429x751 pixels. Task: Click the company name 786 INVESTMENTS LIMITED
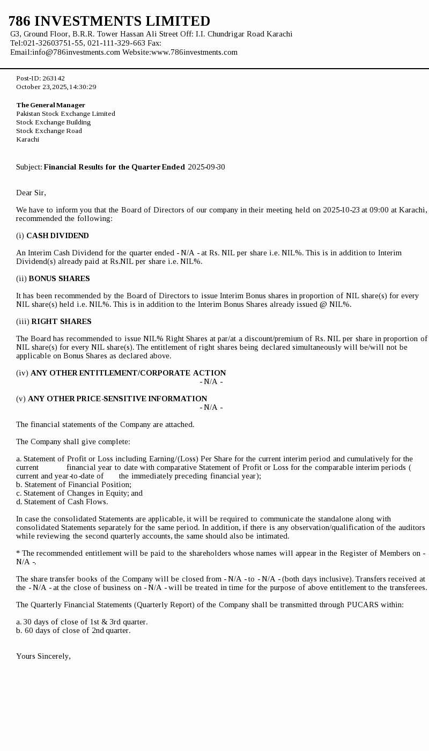(109, 21)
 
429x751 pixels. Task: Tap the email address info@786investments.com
(76, 52)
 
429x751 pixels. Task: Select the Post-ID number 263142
(54, 78)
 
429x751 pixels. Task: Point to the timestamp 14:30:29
(84, 87)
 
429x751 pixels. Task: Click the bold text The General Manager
(50, 105)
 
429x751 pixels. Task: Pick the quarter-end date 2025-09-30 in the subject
(206, 167)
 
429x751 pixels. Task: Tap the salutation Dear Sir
(31, 193)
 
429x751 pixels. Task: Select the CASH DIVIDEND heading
(57, 235)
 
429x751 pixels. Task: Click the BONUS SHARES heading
(59, 278)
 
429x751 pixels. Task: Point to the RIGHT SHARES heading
(61, 321)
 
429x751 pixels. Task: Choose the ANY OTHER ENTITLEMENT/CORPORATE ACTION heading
(128, 373)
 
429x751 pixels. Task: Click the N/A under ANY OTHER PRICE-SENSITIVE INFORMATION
(211, 407)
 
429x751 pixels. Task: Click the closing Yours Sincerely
(43, 656)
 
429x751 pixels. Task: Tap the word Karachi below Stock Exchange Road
(28, 139)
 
